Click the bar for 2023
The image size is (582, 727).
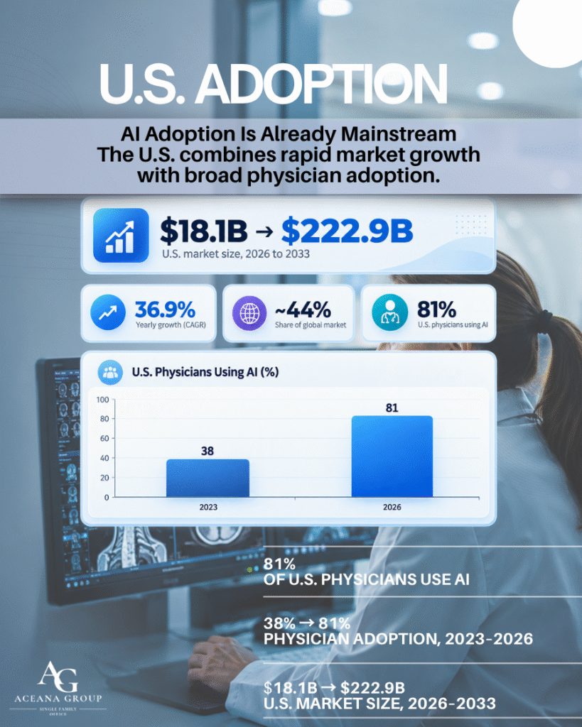[x=208, y=478]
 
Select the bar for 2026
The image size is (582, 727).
[x=392, y=457]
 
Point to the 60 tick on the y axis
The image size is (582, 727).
[x=104, y=438]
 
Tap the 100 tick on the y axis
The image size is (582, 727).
[x=102, y=400]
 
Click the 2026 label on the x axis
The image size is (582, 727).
[x=392, y=507]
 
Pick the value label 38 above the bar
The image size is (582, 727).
[x=208, y=451]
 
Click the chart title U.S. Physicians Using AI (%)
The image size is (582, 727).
[x=205, y=372]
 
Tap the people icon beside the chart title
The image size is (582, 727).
[x=110, y=372]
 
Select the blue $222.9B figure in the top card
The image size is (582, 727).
[x=347, y=231]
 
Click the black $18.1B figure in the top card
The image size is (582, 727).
[x=203, y=231]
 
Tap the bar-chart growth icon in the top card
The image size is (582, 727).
[x=121, y=236]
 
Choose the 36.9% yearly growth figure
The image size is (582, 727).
[x=165, y=310]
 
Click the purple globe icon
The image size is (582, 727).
[x=249, y=313]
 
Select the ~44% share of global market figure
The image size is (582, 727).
[x=303, y=310]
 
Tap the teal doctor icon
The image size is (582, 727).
[x=390, y=312]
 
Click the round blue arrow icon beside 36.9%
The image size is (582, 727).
[x=108, y=312]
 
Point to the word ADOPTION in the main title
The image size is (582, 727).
[x=321, y=84]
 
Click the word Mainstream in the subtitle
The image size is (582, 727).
[x=399, y=134]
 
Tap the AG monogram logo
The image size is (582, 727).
[x=58, y=677]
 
